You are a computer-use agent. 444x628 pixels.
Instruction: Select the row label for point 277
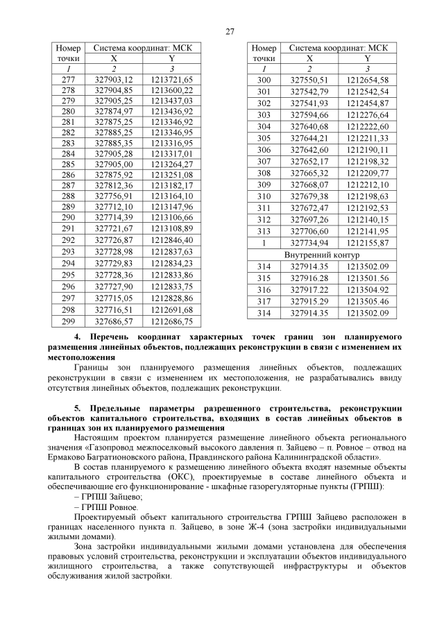coord(68,80)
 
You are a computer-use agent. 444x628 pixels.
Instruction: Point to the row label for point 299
coord(68,322)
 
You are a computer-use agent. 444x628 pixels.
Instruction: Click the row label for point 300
coord(263,80)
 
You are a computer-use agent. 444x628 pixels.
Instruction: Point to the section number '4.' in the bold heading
coord(77,337)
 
